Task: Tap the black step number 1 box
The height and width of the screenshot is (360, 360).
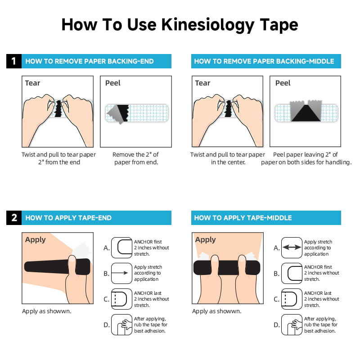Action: tap(14, 61)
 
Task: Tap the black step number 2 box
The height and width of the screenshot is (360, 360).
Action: tap(14, 218)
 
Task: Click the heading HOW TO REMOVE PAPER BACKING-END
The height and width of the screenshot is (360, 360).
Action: tap(90, 61)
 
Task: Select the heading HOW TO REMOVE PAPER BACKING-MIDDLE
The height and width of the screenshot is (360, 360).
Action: tap(264, 61)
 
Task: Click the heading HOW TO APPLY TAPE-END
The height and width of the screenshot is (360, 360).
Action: tap(68, 218)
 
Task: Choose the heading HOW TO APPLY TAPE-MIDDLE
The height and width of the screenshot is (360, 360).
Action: tap(243, 218)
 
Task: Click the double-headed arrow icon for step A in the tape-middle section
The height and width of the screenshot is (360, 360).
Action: tap(292, 247)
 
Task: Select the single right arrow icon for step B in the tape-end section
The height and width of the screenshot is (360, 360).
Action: tap(121, 273)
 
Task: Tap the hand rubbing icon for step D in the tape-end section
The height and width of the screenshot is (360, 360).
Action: tap(121, 325)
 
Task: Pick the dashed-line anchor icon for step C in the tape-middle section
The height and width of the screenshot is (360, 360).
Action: tap(292, 299)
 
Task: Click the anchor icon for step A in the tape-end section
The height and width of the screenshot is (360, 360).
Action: tap(121, 247)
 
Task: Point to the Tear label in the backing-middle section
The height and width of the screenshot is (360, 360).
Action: tap(202, 83)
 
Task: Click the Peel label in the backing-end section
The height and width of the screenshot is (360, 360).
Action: tap(113, 83)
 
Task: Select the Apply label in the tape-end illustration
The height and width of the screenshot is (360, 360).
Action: tap(36, 239)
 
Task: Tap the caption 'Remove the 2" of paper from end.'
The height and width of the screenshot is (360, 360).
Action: tap(135, 158)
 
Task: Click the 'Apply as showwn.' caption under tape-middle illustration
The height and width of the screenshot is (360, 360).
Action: tap(216, 311)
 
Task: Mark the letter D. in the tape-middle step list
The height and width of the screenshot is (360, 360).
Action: tap(276, 325)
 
